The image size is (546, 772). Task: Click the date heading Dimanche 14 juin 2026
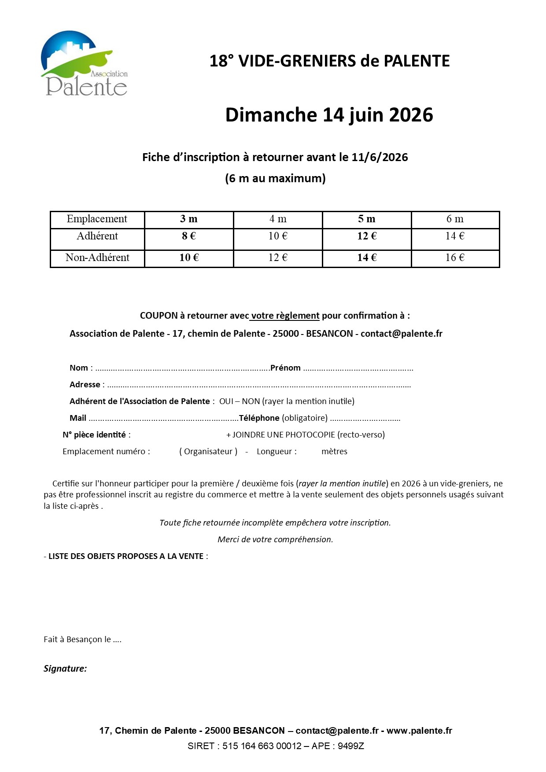tap(329, 115)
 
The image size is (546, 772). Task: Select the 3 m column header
tap(189, 219)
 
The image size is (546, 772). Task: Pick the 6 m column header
tap(455, 219)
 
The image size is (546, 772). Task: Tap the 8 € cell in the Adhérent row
tap(189, 236)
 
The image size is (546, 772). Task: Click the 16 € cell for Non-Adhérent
tap(455, 258)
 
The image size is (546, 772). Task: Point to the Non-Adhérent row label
tap(97, 258)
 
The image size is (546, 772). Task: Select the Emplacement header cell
tap(97, 219)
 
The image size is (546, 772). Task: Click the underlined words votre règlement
tap(285, 316)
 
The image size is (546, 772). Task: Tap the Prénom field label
tap(285, 368)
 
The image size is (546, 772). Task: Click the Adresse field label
tap(85, 385)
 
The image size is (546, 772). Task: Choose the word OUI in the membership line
tap(226, 401)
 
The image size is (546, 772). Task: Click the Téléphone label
tap(259, 418)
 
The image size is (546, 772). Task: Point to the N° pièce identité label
tap(94, 435)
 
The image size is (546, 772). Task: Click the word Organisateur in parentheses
tap(208, 452)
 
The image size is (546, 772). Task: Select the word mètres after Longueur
tap(334, 452)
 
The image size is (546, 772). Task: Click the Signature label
tap(65, 669)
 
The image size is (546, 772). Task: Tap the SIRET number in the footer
tap(262, 746)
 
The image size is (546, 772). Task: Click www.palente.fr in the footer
tap(419, 731)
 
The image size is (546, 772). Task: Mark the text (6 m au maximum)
tap(275, 178)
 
